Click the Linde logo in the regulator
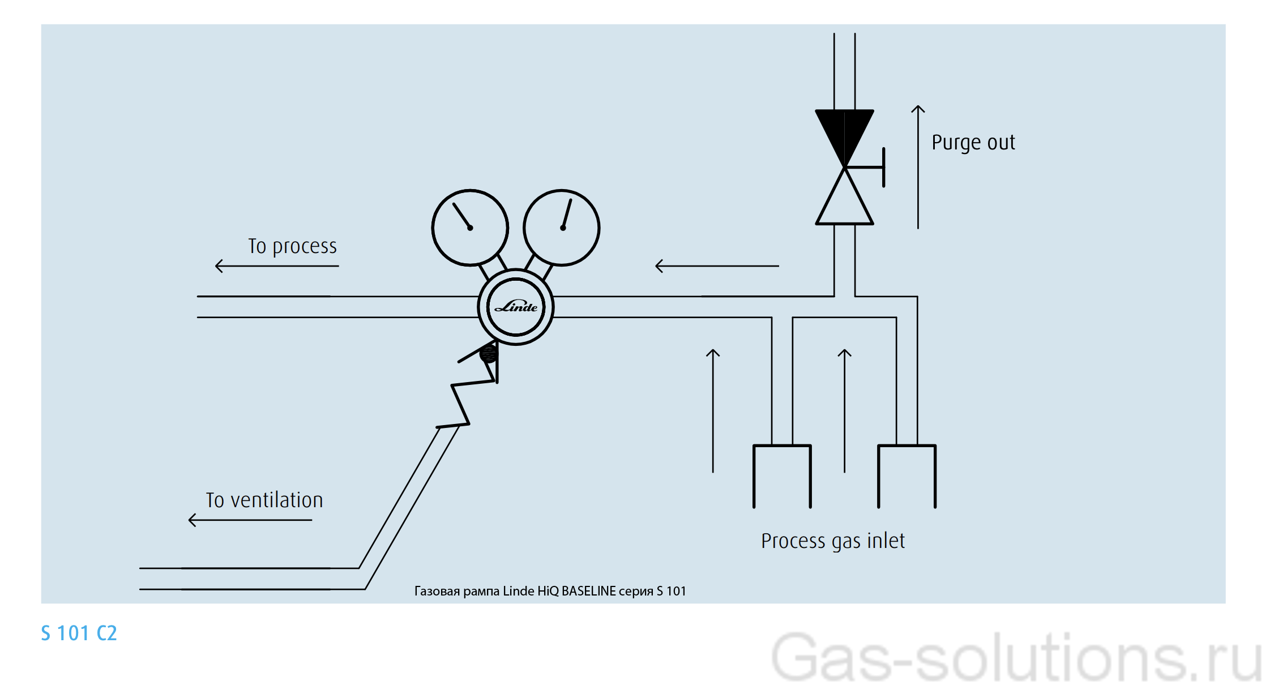click(x=516, y=307)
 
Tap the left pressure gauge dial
click(x=470, y=228)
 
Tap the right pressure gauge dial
click(x=561, y=228)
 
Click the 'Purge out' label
click(x=973, y=143)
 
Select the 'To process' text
click(x=292, y=247)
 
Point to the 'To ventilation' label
click(x=264, y=500)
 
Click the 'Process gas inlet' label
click(x=832, y=541)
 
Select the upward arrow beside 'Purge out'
click(x=918, y=167)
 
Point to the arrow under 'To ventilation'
click(x=250, y=520)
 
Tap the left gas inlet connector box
click(x=782, y=475)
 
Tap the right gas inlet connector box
click(x=907, y=475)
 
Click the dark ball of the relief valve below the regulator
click(x=488, y=354)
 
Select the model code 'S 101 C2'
click(x=79, y=633)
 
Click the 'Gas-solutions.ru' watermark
click(x=1016, y=658)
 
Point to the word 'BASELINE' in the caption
click(x=588, y=592)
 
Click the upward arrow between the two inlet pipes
click(x=844, y=410)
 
